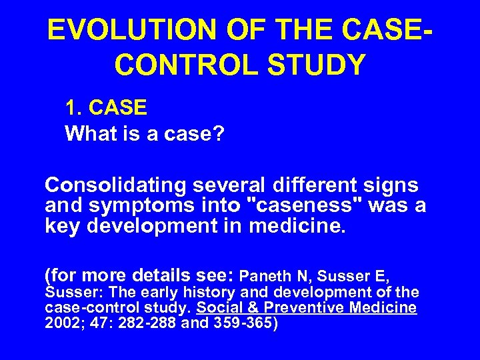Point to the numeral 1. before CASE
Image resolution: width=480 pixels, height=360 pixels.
[x=73, y=107]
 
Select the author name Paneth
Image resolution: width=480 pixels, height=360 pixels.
[x=263, y=275]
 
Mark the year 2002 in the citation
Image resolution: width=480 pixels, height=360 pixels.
[x=59, y=323]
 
